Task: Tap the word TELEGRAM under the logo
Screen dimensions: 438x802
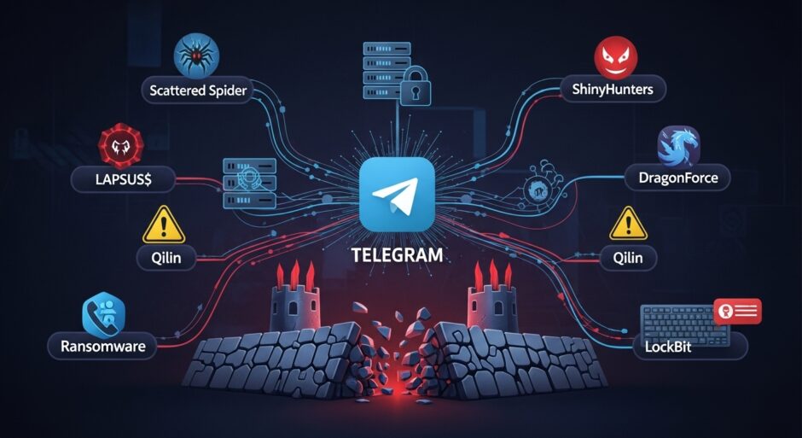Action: coord(398,254)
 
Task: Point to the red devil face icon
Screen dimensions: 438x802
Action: coord(617,56)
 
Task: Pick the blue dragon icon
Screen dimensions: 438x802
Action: coord(679,145)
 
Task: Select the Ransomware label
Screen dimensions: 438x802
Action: coord(103,347)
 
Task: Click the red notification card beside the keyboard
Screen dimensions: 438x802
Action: coord(737,312)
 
